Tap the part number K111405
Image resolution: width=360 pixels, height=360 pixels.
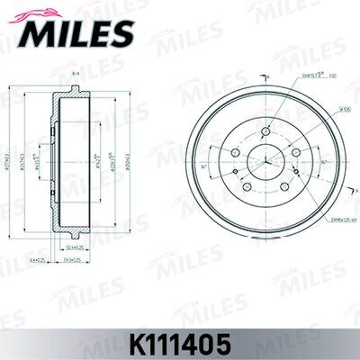(x=180, y=343)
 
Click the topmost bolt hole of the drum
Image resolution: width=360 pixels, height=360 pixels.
(x=265, y=131)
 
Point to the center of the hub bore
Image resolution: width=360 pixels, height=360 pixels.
(x=265, y=162)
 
